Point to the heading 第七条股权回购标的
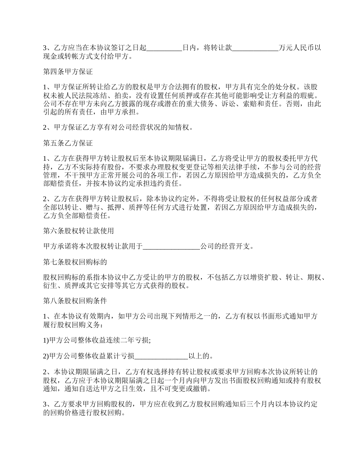pos(75,262)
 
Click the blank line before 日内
pos(164,48)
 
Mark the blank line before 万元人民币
pos(256,48)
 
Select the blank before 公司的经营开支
pos(171,246)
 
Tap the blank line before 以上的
pos(161,356)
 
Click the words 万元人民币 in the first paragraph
pos(296,48)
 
